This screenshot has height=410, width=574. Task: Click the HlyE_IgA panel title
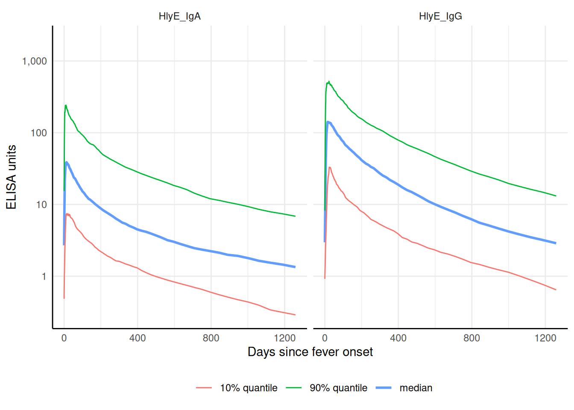[179, 16]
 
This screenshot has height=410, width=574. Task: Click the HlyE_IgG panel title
[440, 16]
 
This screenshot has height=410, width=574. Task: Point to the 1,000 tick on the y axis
[35, 61]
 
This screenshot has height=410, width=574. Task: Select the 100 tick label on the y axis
[38, 133]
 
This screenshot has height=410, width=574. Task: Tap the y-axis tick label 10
[41, 205]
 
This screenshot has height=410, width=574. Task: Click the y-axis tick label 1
[44, 276]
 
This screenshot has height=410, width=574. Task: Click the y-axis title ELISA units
[12, 177]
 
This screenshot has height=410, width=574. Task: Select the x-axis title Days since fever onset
[310, 352]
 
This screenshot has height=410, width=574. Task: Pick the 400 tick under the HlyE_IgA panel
[138, 338]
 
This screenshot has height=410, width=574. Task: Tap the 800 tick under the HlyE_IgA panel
[211, 338]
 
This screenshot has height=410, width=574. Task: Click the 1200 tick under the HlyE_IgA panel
[284, 338]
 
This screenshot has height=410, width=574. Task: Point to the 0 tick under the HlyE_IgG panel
[325, 338]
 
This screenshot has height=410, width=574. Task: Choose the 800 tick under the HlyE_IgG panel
[471, 338]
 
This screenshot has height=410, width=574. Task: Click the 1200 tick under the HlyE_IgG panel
[545, 338]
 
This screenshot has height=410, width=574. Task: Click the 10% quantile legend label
[249, 388]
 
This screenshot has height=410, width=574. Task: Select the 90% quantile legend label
[338, 388]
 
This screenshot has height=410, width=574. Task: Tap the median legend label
[416, 388]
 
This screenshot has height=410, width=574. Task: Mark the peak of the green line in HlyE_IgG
[328, 81]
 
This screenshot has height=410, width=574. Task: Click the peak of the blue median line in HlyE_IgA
[67, 162]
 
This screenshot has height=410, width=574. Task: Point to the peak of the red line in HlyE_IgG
[329, 167]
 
